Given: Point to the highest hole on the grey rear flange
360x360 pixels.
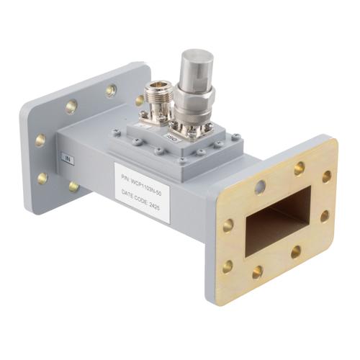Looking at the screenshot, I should (111, 91).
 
